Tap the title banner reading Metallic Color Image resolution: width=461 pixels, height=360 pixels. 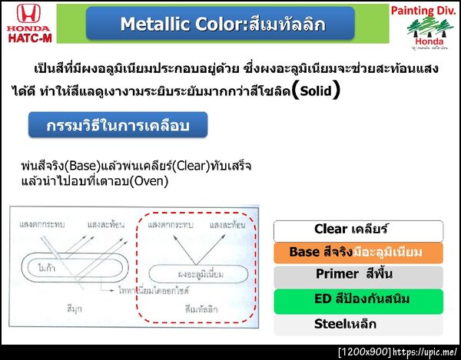click(x=221, y=24)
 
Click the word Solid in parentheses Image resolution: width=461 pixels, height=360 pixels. click(x=316, y=91)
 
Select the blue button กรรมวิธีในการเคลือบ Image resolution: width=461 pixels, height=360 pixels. click(x=117, y=125)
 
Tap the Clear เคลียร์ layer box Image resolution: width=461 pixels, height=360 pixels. click(x=358, y=229)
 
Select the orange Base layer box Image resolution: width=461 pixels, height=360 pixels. click(x=358, y=252)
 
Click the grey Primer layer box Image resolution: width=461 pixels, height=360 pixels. click(x=358, y=274)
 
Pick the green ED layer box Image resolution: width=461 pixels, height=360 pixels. click(x=358, y=298)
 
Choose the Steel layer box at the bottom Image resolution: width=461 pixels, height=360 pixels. click(x=358, y=323)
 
